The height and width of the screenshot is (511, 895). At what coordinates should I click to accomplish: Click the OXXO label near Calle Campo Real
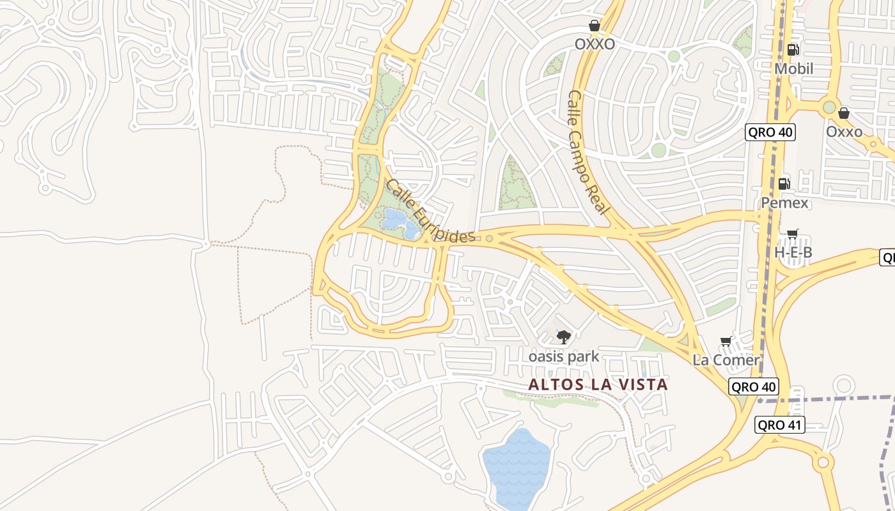[x=595, y=44]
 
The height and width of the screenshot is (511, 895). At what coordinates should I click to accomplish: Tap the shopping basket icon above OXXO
[x=595, y=26]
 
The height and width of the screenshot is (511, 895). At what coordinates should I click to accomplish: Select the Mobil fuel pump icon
[x=793, y=49]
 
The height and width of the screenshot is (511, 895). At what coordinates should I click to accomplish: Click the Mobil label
[x=793, y=68]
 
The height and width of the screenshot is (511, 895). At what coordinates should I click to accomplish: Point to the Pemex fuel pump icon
[x=784, y=184]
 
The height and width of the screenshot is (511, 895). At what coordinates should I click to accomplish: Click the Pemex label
[x=784, y=203]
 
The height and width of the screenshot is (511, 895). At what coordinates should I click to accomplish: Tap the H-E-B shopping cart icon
[x=793, y=234]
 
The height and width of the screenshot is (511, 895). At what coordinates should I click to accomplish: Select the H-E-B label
[x=793, y=252]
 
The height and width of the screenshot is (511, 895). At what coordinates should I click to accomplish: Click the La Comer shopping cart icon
[x=726, y=342]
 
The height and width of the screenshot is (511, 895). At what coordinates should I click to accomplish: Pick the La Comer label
[x=726, y=360]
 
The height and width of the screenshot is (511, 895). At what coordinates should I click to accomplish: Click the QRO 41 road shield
[x=779, y=425]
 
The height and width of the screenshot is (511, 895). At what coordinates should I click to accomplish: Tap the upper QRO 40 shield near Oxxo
[x=770, y=133]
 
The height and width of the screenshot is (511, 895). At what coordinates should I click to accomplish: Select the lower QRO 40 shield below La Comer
[x=753, y=386]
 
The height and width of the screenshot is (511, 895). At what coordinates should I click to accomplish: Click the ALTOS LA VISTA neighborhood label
[x=598, y=385]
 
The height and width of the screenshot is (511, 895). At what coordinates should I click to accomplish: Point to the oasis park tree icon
[x=563, y=337]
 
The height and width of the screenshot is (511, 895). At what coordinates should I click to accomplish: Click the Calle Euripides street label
[x=431, y=211]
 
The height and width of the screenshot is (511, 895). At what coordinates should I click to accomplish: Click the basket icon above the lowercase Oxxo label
[x=844, y=113]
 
